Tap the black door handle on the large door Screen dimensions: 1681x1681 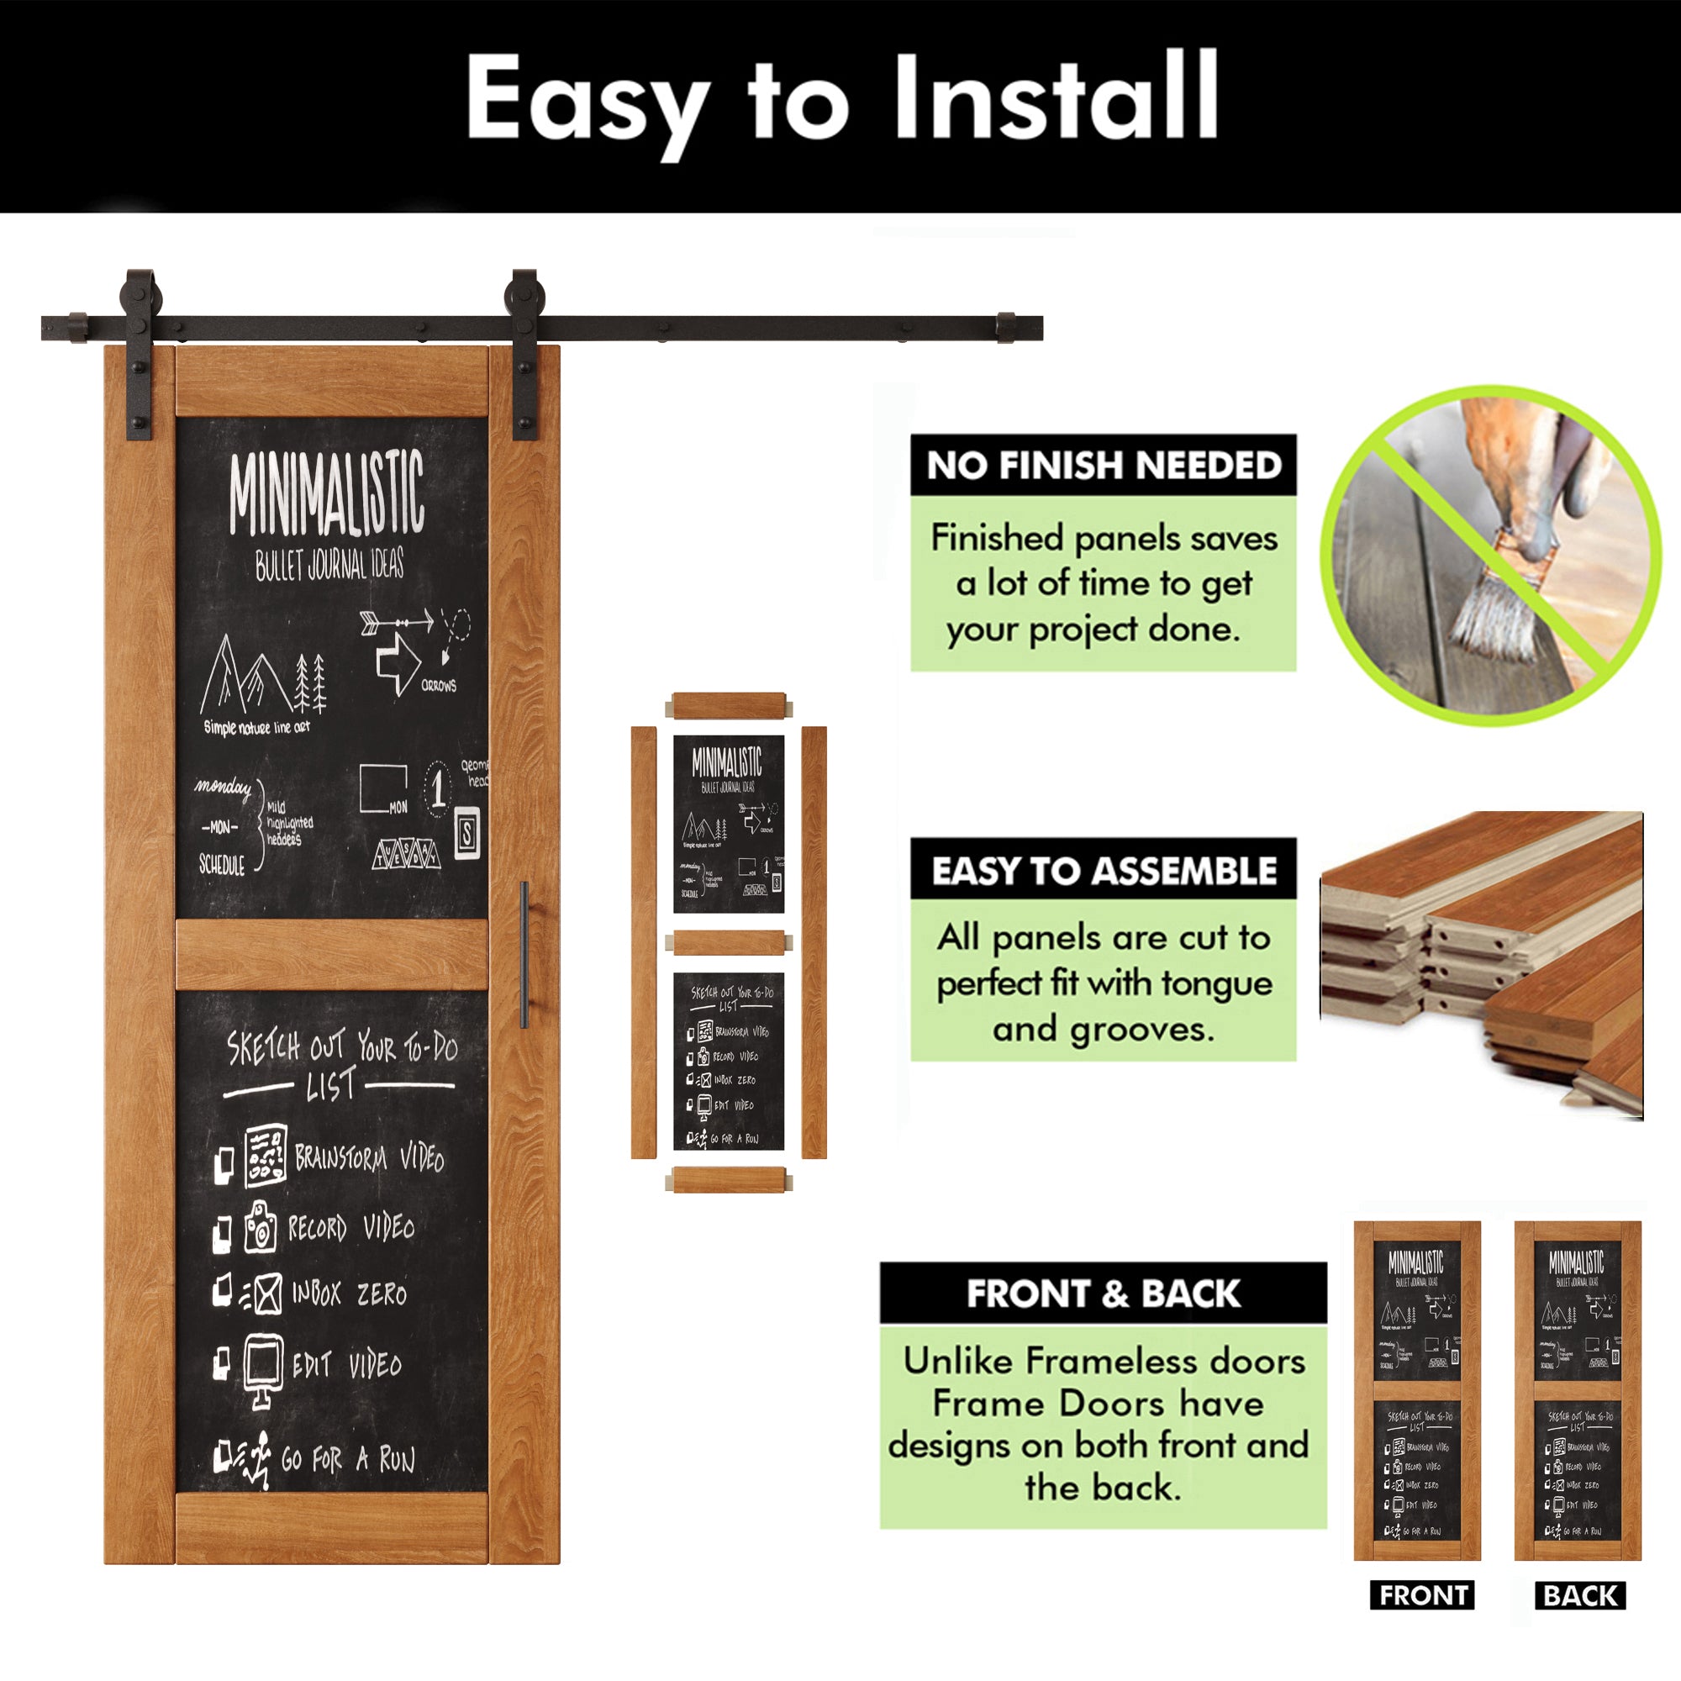(524, 954)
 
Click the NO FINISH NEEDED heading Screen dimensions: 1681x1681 (1104, 466)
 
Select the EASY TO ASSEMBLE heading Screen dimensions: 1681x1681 (1104, 871)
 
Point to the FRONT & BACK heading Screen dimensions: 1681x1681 (1103, 1294)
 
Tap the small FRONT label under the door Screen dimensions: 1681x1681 (1422, 1596)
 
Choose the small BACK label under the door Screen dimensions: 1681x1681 (1580, 1596)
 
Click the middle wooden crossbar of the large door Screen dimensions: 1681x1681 (331, 955)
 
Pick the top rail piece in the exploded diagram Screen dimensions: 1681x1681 (729, 705)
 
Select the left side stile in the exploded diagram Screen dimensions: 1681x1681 (643, 942)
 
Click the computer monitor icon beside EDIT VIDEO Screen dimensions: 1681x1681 (262, 1366)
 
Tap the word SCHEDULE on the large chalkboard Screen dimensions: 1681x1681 (222, 865)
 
